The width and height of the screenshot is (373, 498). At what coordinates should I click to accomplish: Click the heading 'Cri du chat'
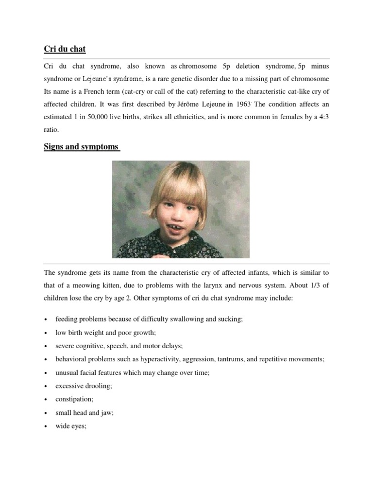(x=65, y=49)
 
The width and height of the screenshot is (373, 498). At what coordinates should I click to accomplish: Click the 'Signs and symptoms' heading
(x=81, y=146)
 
